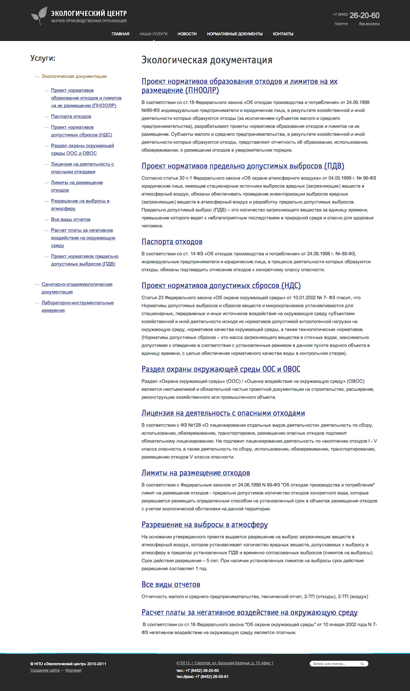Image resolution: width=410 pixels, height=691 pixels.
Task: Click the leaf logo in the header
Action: click(39, 15)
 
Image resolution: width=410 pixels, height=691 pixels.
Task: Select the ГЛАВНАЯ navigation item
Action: click(120, 34)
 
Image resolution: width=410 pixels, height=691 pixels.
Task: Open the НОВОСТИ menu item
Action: click(187, 34)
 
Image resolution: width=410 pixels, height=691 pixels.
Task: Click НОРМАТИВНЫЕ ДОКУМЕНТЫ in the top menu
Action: click(234, 34)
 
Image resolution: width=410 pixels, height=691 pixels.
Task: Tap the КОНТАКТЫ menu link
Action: click(283, 34)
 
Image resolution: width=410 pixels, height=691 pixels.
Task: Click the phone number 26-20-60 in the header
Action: click(364, 15)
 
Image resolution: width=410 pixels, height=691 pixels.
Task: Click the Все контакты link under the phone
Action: click(369, 24)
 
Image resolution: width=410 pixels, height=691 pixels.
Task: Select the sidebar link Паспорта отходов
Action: click(71, 116)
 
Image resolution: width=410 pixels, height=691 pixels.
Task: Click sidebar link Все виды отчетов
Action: click(70, 219)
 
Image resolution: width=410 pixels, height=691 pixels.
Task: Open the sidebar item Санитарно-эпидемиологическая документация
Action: click(76, 288)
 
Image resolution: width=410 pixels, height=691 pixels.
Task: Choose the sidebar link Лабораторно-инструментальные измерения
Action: click(77, 306)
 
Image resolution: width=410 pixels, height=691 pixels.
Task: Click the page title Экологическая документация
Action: click(206, 60)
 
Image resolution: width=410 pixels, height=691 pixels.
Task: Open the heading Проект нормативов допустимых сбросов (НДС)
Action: click(221, 286)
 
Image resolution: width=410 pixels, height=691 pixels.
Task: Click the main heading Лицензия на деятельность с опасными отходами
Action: click(223, 413)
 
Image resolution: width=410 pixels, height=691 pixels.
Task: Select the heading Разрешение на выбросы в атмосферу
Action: click(205, 525)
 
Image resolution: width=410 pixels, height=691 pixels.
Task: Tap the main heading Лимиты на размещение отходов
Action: click(195, 473)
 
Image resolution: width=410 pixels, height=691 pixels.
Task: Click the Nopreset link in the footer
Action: click(73, 670)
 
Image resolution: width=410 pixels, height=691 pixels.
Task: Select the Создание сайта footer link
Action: click(45, 670)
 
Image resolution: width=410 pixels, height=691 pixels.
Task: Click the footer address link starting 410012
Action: click(225, 663)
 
